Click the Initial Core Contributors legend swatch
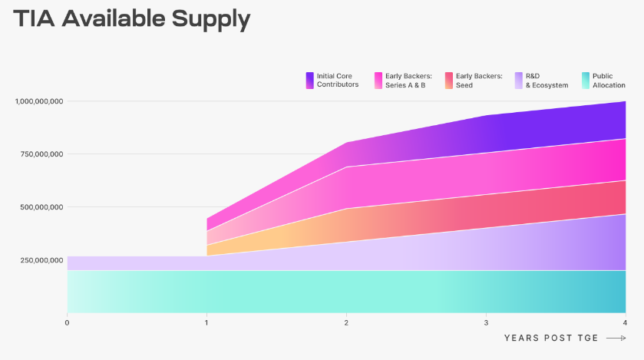tap(309, 80)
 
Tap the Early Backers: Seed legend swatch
tap(448, 80)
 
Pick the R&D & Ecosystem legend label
tap(547, 81)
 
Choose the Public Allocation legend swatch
tap(586, 80)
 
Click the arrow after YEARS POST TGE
tap(616, 338)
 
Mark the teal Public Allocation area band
tap(345, 291)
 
